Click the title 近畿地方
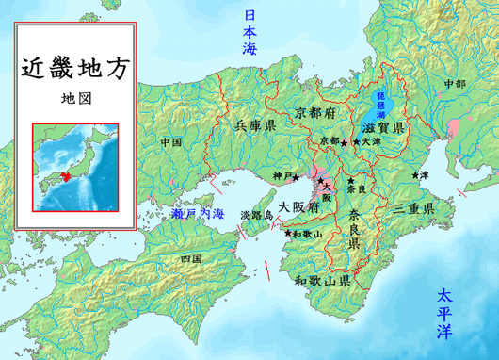pos(73,70)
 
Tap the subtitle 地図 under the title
pos(73,98)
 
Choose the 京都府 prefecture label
pos(321,109)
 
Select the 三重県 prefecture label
pos(413,207)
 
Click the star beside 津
pos(414,175)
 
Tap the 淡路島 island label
pos(257,215)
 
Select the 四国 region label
pos(191,257)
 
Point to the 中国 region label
pos(170,142)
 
